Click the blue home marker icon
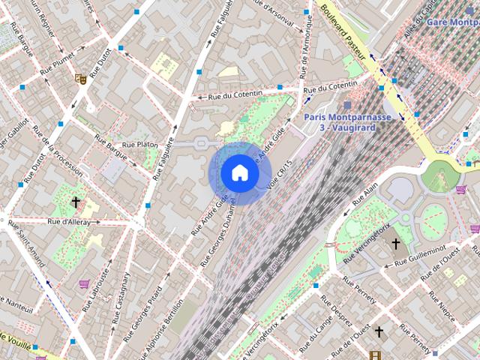point(239,172)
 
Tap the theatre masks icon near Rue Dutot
point(79,77)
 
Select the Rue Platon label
point(139,144)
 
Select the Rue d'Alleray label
point(68,221)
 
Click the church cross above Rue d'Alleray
point(75,202)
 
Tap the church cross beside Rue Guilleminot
point(396,244)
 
